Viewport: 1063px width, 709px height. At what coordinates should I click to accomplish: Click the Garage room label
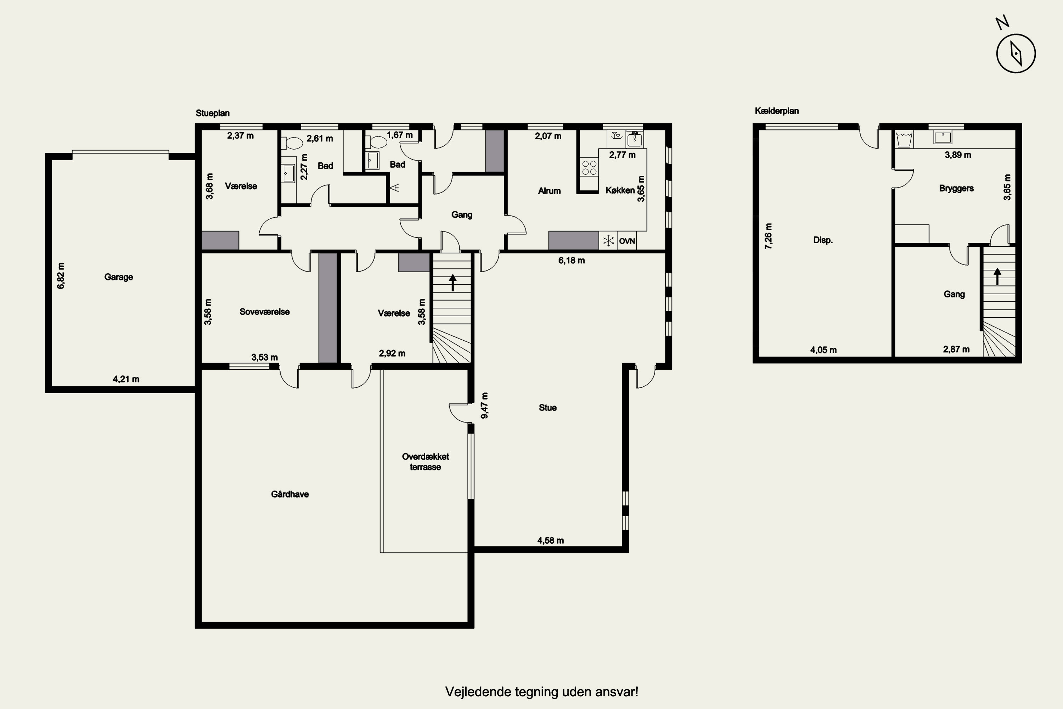point(118,277)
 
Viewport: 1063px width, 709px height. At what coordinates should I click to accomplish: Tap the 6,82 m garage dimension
point(61,275)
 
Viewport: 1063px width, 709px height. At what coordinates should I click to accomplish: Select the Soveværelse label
point(264,312)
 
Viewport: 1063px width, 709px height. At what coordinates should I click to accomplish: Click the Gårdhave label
point(290,494)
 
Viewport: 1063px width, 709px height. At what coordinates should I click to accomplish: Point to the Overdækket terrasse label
point(425,462)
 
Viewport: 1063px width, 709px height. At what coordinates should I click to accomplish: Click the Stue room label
point(547,407)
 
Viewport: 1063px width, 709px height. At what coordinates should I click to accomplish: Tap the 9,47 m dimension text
point(484,405)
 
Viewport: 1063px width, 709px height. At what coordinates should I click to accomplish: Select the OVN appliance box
point(627,241)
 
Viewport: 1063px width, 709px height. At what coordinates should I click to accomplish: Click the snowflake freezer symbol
point(609,241)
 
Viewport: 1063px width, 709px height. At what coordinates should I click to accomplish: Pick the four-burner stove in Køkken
point(589,167)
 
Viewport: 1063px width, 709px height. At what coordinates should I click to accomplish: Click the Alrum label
point(549,191)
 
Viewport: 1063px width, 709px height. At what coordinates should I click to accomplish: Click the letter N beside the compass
point(1002,23)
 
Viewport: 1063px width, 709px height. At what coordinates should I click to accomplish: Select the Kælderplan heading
point(776,111)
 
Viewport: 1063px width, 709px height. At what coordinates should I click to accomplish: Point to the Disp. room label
point(822,240)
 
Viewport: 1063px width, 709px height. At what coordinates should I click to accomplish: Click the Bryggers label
point(956,188)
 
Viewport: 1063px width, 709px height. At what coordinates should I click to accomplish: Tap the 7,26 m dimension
point(768,236)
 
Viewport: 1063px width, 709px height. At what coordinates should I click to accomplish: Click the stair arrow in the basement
point(997,276)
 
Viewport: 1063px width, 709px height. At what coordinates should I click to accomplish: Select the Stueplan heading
point(212,113)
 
